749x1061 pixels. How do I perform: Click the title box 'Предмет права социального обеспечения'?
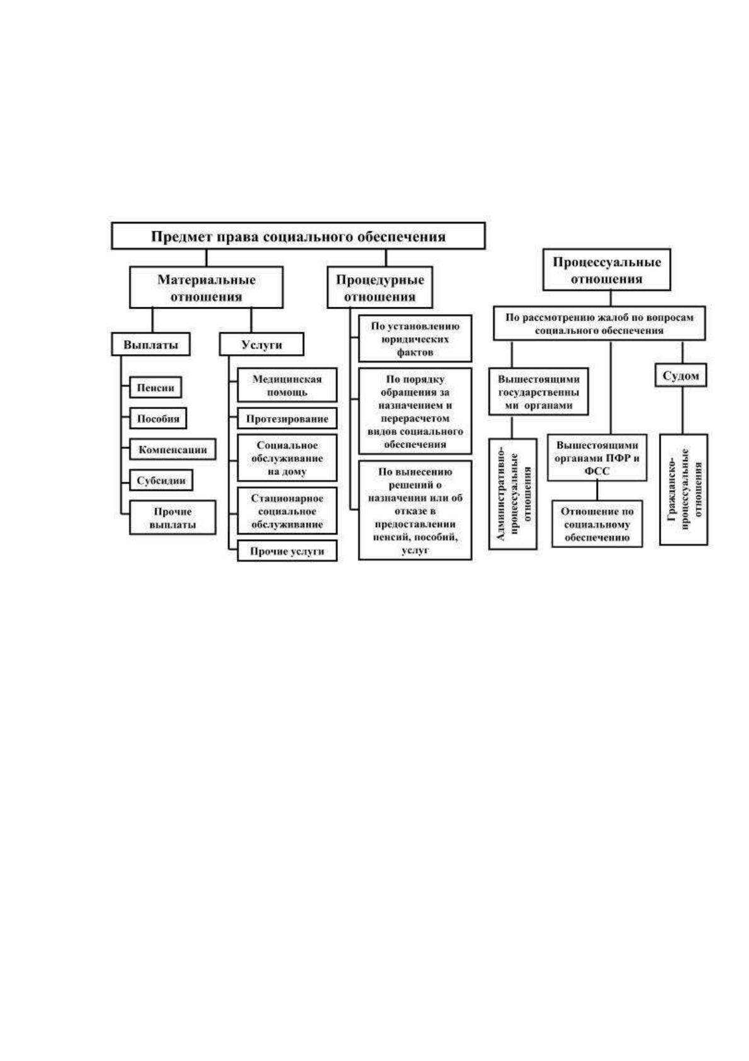point(298,236)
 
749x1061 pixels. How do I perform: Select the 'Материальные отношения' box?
point(206,287)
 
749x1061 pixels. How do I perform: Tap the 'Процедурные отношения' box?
point(380,287)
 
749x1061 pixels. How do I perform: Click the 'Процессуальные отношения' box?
point(606,270)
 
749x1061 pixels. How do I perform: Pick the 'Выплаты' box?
point(151,345)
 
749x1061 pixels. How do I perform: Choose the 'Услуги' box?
point(261,345)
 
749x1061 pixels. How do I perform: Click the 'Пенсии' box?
point(155,387)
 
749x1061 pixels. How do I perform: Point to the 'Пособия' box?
point(158,418)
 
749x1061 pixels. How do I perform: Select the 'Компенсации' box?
point(172,449)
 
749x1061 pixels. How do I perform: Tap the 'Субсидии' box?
point(161,480)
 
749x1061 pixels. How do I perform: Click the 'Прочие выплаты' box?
point(172,518)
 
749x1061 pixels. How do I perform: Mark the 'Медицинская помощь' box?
point(287,385)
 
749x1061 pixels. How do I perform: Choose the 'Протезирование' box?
point(287,419)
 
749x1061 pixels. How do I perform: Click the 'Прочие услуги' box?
point(287,551)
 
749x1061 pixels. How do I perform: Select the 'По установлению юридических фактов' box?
point(415,339)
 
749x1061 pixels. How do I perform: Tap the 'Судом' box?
point(681,376)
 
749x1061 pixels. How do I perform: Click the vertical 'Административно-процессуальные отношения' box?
point(513,494)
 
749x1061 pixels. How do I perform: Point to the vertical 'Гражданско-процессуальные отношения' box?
point(684,490)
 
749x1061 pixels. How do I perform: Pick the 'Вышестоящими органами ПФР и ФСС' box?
point(597,457)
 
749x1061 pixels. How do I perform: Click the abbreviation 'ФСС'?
point(597,471)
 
